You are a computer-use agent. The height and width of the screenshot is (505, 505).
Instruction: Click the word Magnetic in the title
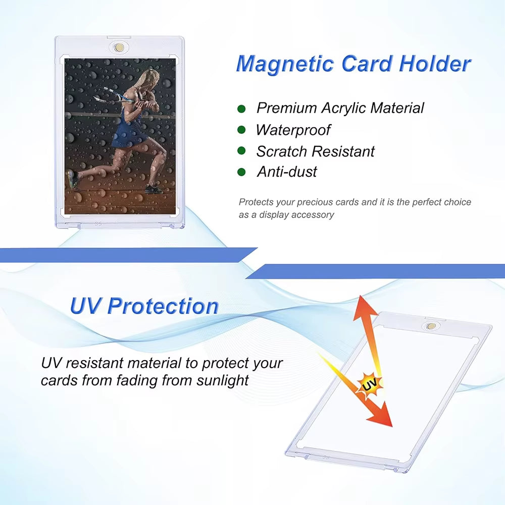click(x=285, y=65)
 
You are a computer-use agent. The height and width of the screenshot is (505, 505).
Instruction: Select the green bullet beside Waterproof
click(x=241, y=130)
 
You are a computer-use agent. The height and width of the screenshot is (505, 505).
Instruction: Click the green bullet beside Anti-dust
click(x=241, y=172)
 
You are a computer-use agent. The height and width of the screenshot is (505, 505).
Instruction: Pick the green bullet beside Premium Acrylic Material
click(x=241, y=108)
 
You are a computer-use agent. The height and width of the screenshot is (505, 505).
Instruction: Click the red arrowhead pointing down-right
click(x=382, y=417)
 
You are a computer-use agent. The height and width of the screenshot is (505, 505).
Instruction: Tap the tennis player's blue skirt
click(x=129, y=132)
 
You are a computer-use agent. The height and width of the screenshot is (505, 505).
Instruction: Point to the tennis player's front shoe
click(x=153, y=189)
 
